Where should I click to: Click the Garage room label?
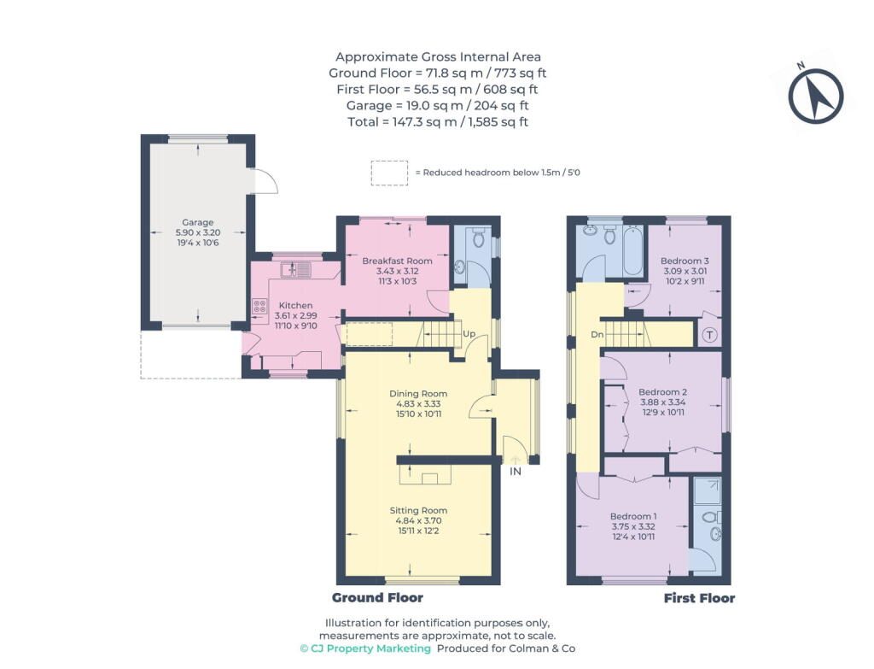click(197, 222)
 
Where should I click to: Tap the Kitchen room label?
click(295, 305)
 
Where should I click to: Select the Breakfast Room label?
click(397, 261)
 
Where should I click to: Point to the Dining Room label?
click(418, 393)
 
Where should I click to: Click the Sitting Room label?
click(418, 510)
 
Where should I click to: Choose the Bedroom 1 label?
click(633, 516)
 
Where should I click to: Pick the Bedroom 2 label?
click(662, 391)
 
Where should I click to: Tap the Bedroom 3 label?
click(685, 261)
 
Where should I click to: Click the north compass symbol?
click(815, 95)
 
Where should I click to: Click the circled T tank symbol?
click(709, 335)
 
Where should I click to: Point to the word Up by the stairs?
click(469, 334)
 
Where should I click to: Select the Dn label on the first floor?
click(597, 335)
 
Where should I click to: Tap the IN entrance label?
click(516, 472)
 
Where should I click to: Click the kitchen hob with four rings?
click(259, 305)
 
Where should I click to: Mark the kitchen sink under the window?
click(296, 270)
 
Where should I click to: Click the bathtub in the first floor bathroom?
click(634, 250)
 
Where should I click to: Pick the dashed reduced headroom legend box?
click(389, 173)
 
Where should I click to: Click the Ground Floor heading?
click(377, 597)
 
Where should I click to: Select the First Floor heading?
click(699, 598)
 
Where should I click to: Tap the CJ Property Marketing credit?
click(365, 648)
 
